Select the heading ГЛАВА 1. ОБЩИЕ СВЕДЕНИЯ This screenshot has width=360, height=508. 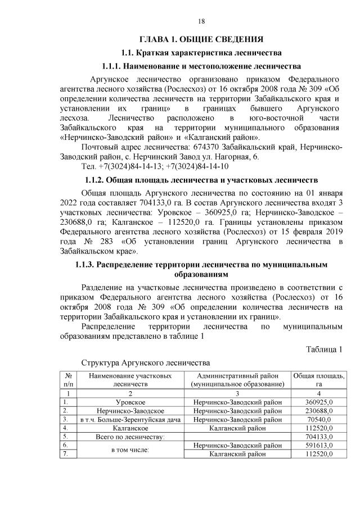pos(201,39)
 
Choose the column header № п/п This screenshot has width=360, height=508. pos(68,379)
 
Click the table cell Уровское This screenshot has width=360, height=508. pos(130,402)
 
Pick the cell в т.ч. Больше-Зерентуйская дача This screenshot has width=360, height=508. pos(130,419)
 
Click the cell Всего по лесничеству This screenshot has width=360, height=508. pos(130,436)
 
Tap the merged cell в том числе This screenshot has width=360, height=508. pos(130,450)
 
